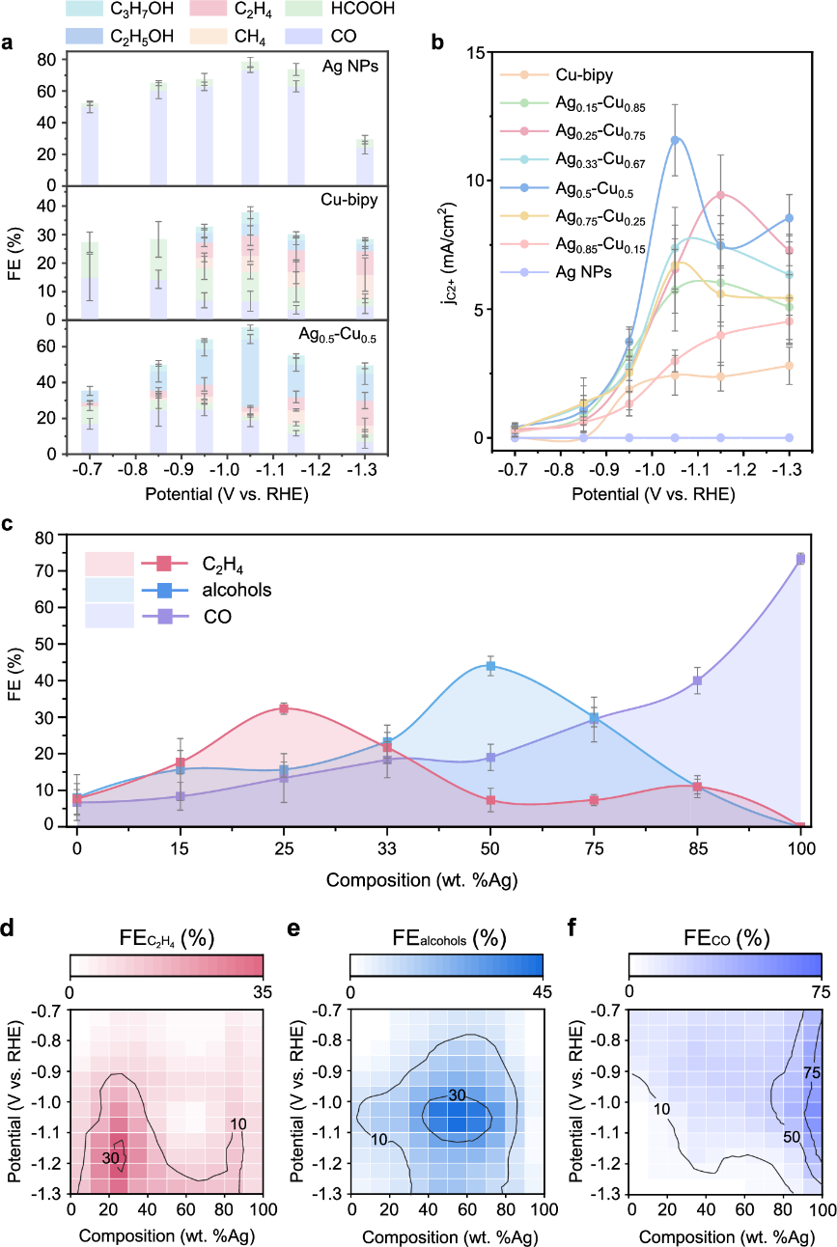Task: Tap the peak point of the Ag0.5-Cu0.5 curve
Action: pos(675,140)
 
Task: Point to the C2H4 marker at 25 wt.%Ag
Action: pos(284,708)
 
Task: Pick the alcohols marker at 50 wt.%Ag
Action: pos(490,666)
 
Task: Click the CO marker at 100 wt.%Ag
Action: pos(800,558)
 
